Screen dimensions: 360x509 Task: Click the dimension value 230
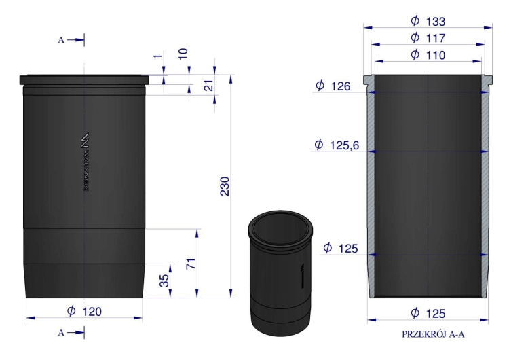click(x=225, y=187)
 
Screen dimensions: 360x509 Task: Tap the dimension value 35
click(x=164, y=280)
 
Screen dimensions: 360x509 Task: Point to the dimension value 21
click(x=208, y=85)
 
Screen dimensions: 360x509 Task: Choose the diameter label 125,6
click(x=337, y=145)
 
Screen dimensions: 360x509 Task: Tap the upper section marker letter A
click(x=61, y=41)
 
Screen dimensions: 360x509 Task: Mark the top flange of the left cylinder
click(x=84, y=79)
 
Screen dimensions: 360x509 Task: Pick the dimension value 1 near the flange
click(x=158, y=57)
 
